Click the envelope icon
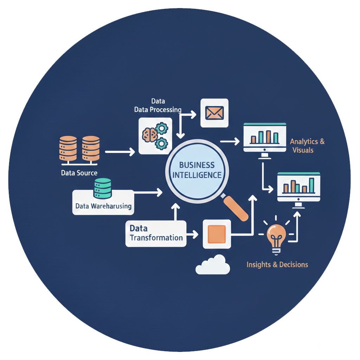[214, 113]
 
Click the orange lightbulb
[276, 234]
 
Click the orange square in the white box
[217, 234]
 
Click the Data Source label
[79, 173]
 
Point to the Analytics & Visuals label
[307, 146]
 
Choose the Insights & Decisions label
[277, 264]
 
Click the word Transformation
[156, 237]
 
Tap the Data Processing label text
[158, 109]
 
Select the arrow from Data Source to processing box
[120, 152]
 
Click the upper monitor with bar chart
[265, 138]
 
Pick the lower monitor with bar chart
[298, 187]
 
